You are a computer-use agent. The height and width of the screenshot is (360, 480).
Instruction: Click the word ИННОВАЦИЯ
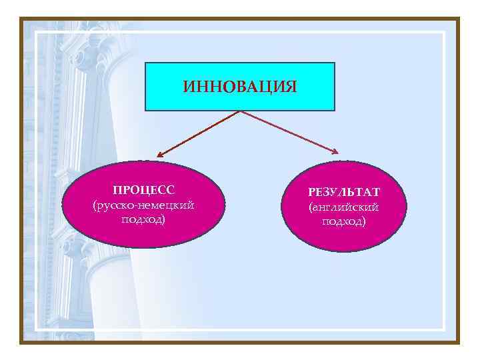(239, 87)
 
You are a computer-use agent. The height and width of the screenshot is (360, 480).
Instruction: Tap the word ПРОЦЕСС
(145, 191)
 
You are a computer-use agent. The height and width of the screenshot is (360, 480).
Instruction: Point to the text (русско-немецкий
(145, 205)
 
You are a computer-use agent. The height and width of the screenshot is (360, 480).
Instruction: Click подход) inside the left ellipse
(145, 219)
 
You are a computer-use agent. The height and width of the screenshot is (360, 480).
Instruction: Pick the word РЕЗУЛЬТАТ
(344, 193)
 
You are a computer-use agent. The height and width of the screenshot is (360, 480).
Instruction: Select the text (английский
(344, 207)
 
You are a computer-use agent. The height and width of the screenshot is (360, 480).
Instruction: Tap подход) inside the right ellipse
(344, 221)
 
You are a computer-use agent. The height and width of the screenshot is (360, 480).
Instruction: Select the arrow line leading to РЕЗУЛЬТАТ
(287, 130)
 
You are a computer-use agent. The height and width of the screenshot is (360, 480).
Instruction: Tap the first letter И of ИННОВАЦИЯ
(187, 87)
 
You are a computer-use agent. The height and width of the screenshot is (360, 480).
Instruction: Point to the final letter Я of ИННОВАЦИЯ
(291, 87)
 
